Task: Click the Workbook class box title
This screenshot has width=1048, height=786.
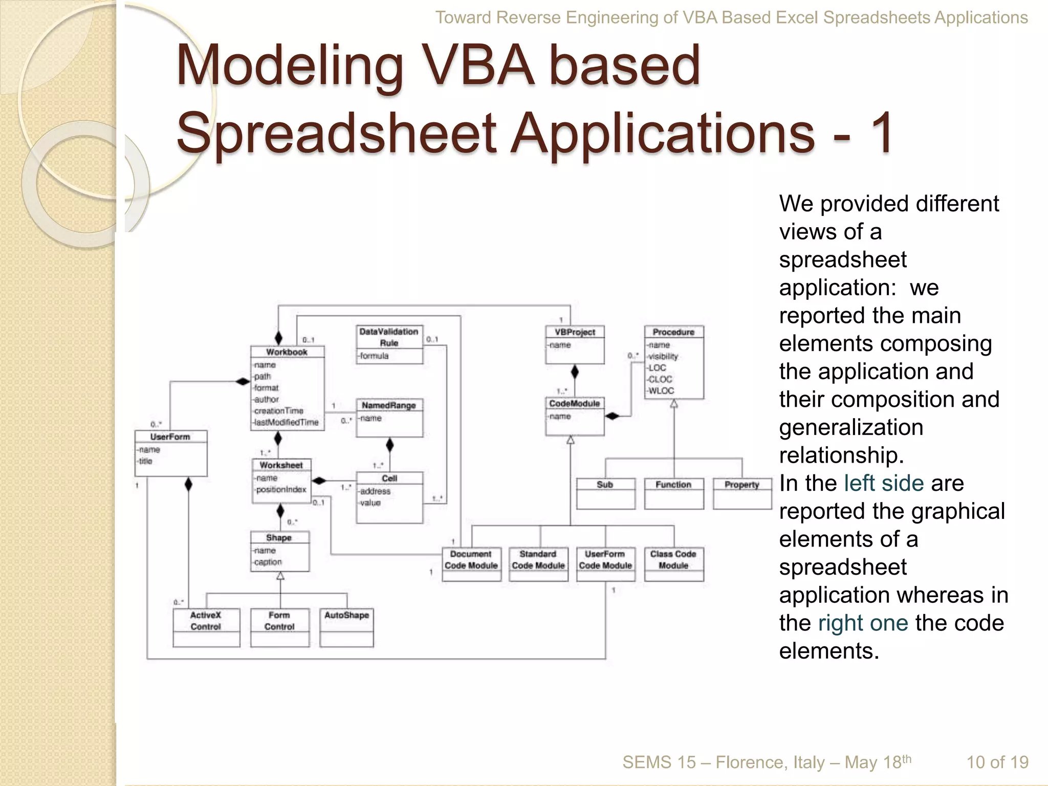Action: pyautogui.click(x=287, y=352)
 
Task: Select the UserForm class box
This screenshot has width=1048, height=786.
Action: pyautogui.click(x=171, y=453)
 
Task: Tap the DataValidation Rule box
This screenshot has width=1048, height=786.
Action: pyautogui.click(x=389, y=344)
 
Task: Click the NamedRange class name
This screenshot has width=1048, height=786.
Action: pyautogui.click(x=389, y=405)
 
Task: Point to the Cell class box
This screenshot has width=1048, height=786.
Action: pyautogui.click(x=389, y=497)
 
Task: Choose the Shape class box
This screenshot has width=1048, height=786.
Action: pyautogui.click(x=279, y=551)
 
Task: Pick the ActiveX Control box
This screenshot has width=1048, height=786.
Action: pyautogui.click(x=206, y=627)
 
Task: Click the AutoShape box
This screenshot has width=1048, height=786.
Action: pyautogui.click(x=346, y=627)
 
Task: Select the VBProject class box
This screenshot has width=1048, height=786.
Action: pyautogui.click(x=575, y=344)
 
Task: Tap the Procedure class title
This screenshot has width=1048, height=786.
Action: pyautogui.click(x=673, y=332)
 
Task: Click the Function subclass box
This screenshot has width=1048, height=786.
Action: pyautogui.click(x=673, y=493)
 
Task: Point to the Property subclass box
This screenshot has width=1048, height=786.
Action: pyautogui.click(x=742, y=493)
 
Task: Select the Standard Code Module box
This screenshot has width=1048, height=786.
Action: pyautogui.click(x=538, y=563)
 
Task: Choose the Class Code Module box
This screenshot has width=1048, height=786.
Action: pyautogui.click(x=673, y=563)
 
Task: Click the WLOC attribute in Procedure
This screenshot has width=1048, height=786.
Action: pyautogui.click(x=661, y=391)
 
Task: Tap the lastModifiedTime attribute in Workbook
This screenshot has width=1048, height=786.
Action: pyautogui.click(x=287, y=422)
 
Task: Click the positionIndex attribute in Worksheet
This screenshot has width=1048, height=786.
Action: pyautogui.click(x=281, y=490)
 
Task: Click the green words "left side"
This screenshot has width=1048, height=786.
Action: pyautogui.click(x=883, y=484)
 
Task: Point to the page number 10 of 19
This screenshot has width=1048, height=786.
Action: pyautogui.click(x=997, y=762)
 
